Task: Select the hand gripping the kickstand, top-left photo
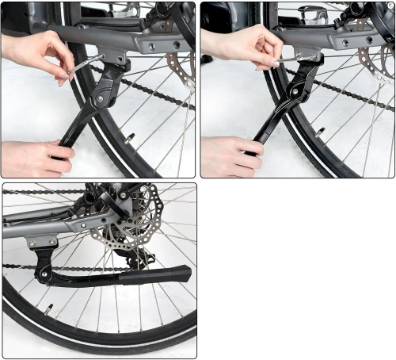(x=36, y=156)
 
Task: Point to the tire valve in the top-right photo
(x=319, y=130)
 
